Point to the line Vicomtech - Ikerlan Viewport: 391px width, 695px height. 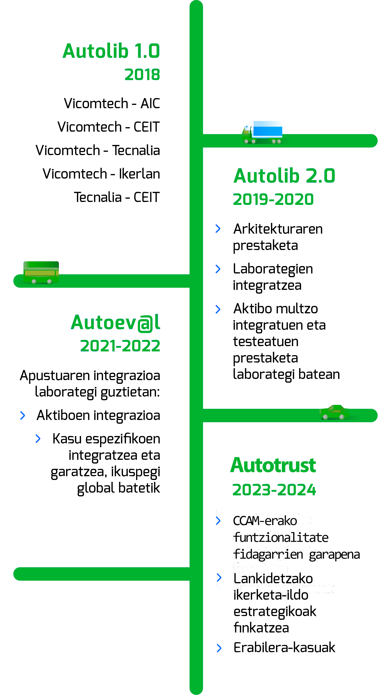[101, 174]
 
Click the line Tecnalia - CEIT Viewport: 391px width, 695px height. [117, 197]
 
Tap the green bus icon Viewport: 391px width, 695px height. [41, 272]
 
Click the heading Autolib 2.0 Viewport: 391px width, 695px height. [284, 176]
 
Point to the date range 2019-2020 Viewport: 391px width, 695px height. [273, 199]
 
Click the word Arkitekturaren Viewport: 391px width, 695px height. [278, 229]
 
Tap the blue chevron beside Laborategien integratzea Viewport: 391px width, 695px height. [218, 269]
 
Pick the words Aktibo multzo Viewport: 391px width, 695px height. [275, 309]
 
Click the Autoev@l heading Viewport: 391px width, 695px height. [116, 323]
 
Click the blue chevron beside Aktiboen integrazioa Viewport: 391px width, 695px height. [23, 415]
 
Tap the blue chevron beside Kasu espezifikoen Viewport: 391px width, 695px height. [38, 439]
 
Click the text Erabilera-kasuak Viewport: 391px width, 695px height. [284, 648]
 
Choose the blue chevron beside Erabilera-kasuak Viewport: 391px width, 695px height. [219, 648]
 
